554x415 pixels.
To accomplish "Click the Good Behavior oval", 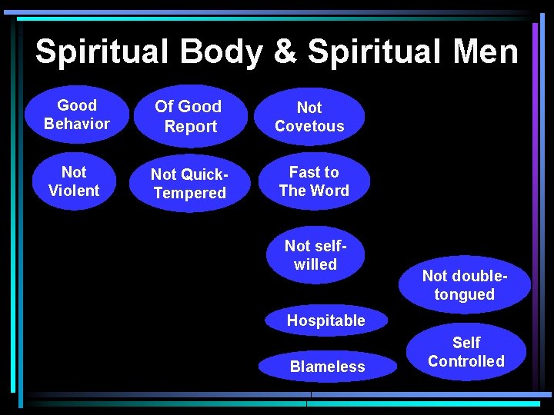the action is click(77, 115).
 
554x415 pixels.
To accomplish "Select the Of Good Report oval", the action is click(189, 116).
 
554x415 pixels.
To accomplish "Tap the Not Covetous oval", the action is click(309, 117).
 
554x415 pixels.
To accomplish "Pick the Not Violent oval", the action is click(74, 181).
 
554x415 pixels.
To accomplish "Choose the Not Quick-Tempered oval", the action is click(189, 184).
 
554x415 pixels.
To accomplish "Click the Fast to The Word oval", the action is click(314, 181).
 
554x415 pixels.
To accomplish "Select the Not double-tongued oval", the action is click(464, 284).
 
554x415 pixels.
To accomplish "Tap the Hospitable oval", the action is click(326, 320).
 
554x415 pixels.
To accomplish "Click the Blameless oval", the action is click(327, 367).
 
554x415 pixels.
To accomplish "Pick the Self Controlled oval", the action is click(466, 352).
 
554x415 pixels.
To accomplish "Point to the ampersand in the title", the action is click(285, 52).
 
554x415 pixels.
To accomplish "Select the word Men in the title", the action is click(486, 52).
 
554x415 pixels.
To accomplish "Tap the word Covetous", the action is click(309, 126).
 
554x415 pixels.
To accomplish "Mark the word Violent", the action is click(74, 191).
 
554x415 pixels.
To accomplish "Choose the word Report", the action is click(190, 127).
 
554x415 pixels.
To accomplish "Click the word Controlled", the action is click(466, 361).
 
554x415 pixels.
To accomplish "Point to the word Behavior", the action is click(77, 124).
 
